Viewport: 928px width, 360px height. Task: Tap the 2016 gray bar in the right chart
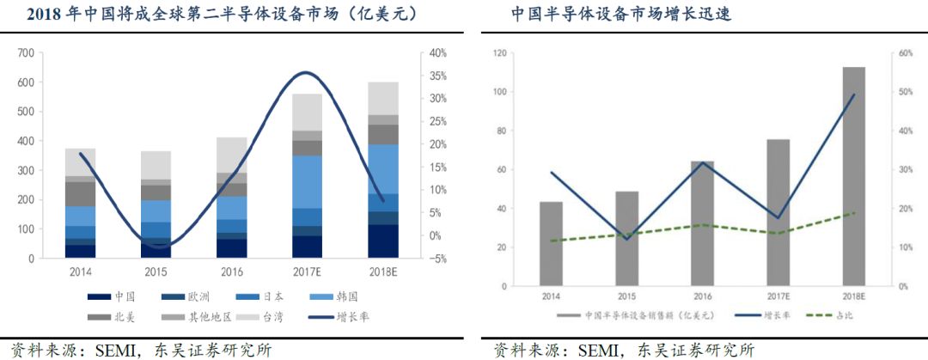point(702,223)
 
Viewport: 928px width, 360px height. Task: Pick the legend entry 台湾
point(262,317)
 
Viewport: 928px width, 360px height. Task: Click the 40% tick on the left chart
point(437,53)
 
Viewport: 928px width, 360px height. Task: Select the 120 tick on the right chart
point(498,53)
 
